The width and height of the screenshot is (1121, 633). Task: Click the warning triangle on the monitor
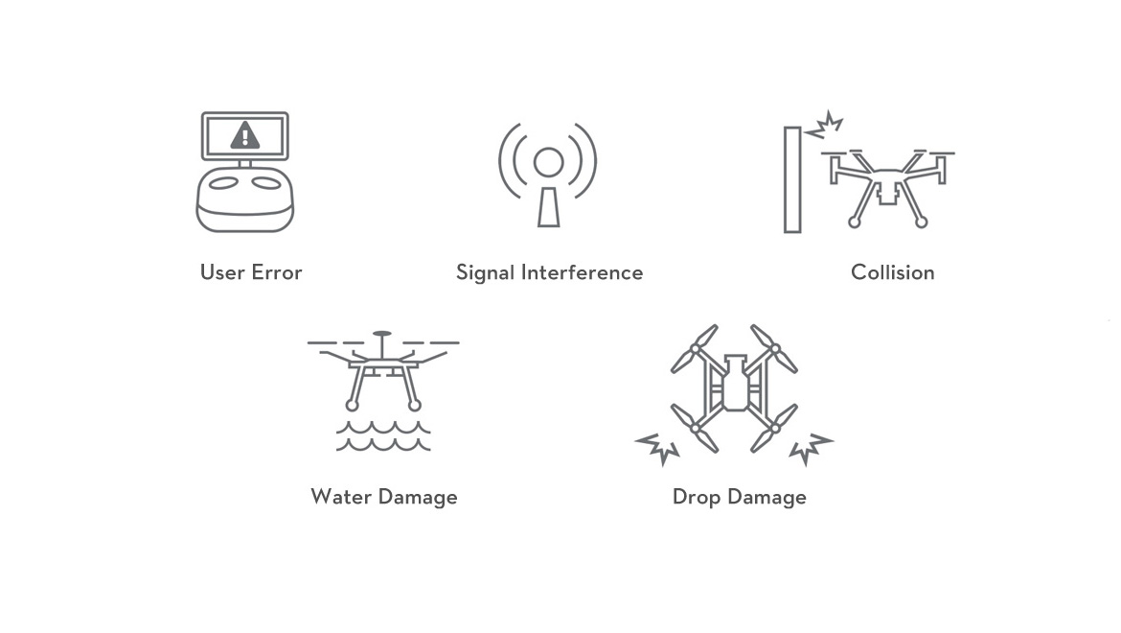[245, 135]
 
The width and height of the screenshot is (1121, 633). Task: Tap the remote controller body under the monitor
[245, 200]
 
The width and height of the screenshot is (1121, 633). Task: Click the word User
[222, 272]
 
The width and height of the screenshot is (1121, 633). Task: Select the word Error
[278, 272]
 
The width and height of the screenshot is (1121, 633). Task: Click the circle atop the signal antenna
[548, 162]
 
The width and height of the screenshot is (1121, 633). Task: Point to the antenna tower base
[548, 207]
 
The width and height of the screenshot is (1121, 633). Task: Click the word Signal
[486, 273]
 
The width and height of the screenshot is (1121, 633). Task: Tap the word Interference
[582, 272]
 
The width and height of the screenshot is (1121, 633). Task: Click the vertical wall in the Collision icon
[792, 179]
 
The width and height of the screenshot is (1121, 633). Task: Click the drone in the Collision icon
[887, 188]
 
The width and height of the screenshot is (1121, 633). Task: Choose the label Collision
[893, 272]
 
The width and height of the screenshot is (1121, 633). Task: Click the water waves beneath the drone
[383, 435]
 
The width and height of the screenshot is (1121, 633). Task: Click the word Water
[341, 497]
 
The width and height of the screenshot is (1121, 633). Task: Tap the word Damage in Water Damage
[419, 498]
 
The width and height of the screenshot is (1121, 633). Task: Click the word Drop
[697, 498]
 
